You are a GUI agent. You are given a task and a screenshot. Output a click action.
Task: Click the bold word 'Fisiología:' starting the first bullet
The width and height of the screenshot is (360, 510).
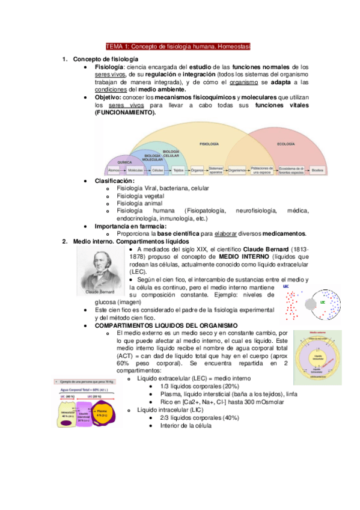pyautogui.click(x=109, y=67)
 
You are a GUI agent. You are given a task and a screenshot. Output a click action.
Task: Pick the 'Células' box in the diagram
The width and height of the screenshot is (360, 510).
pyautogui.click(x=158, y=170)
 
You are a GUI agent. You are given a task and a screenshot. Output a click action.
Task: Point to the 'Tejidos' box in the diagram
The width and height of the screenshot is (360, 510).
pyautogui.click(x=178, y=170)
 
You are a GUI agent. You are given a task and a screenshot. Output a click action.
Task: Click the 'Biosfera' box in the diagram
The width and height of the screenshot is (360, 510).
pyautogui.click(x=318, y=170)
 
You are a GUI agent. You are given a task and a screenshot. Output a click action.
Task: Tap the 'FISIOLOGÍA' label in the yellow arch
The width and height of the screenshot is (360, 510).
pyautogui.click(x=209, y=145)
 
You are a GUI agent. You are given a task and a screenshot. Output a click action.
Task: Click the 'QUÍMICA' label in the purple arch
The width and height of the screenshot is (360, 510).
pyautogui.click(x=125, y=162)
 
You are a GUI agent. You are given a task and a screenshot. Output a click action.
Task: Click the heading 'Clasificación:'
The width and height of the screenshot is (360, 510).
pyautogui.click(x=115, y=181)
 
